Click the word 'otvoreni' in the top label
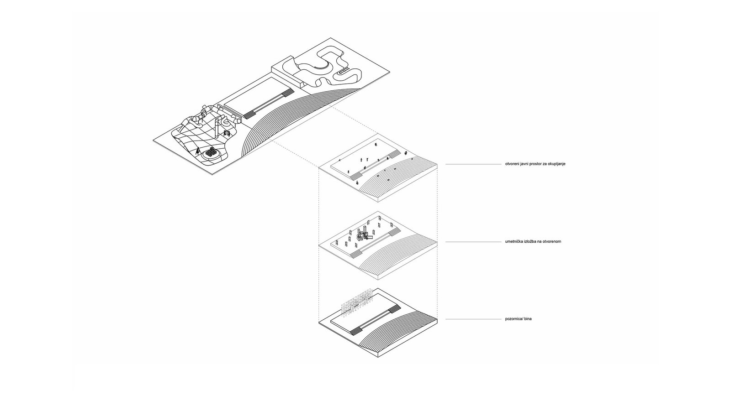512,164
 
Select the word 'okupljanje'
557,164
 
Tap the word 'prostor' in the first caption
535,164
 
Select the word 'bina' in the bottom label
528,319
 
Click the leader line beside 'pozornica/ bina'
473,319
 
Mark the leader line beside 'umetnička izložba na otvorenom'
473,242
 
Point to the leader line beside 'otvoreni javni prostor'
473,164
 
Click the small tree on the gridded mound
197,151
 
